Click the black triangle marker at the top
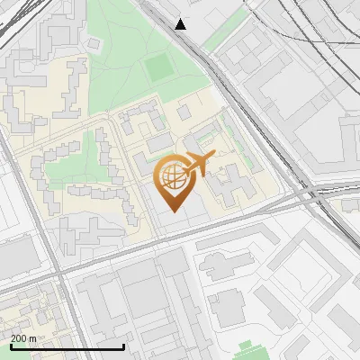click(181, 24)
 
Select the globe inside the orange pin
click(173, 176)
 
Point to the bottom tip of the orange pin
click(173, 212)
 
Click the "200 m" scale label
click(24, 338)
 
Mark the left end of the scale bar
click(10, 347)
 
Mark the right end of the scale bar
click(123, 347)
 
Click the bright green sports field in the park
click(159, 67)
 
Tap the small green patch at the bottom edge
click(244, 351)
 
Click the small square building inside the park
click(184, 112)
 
